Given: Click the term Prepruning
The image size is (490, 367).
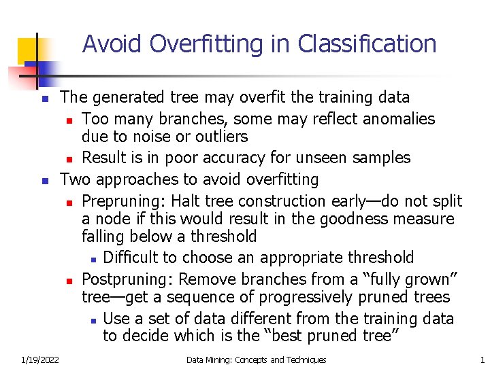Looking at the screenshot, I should click(x=123, y=201).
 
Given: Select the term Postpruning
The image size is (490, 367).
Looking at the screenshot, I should click(x=126, y=279).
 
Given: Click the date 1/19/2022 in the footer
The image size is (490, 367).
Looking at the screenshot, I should click(x=39, y=360).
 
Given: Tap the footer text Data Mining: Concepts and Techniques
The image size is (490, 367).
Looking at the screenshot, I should click(x=256, y=360).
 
